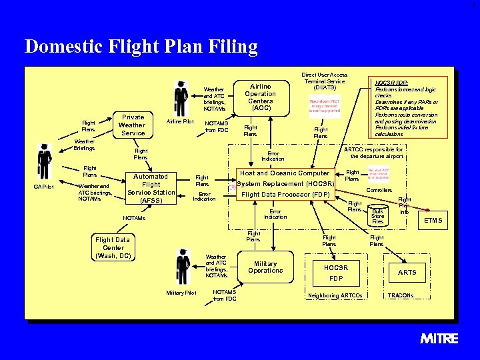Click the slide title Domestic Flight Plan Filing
tap(141, 47)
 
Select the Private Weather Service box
tap(131, 125)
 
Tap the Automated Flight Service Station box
tap(151, 187)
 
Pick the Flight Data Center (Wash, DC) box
tap(113, 247)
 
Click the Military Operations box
tap(265, 267)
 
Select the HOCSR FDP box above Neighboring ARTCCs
tap(336, 272)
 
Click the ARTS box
tap(407, 272)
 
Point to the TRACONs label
tap(401, 295)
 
